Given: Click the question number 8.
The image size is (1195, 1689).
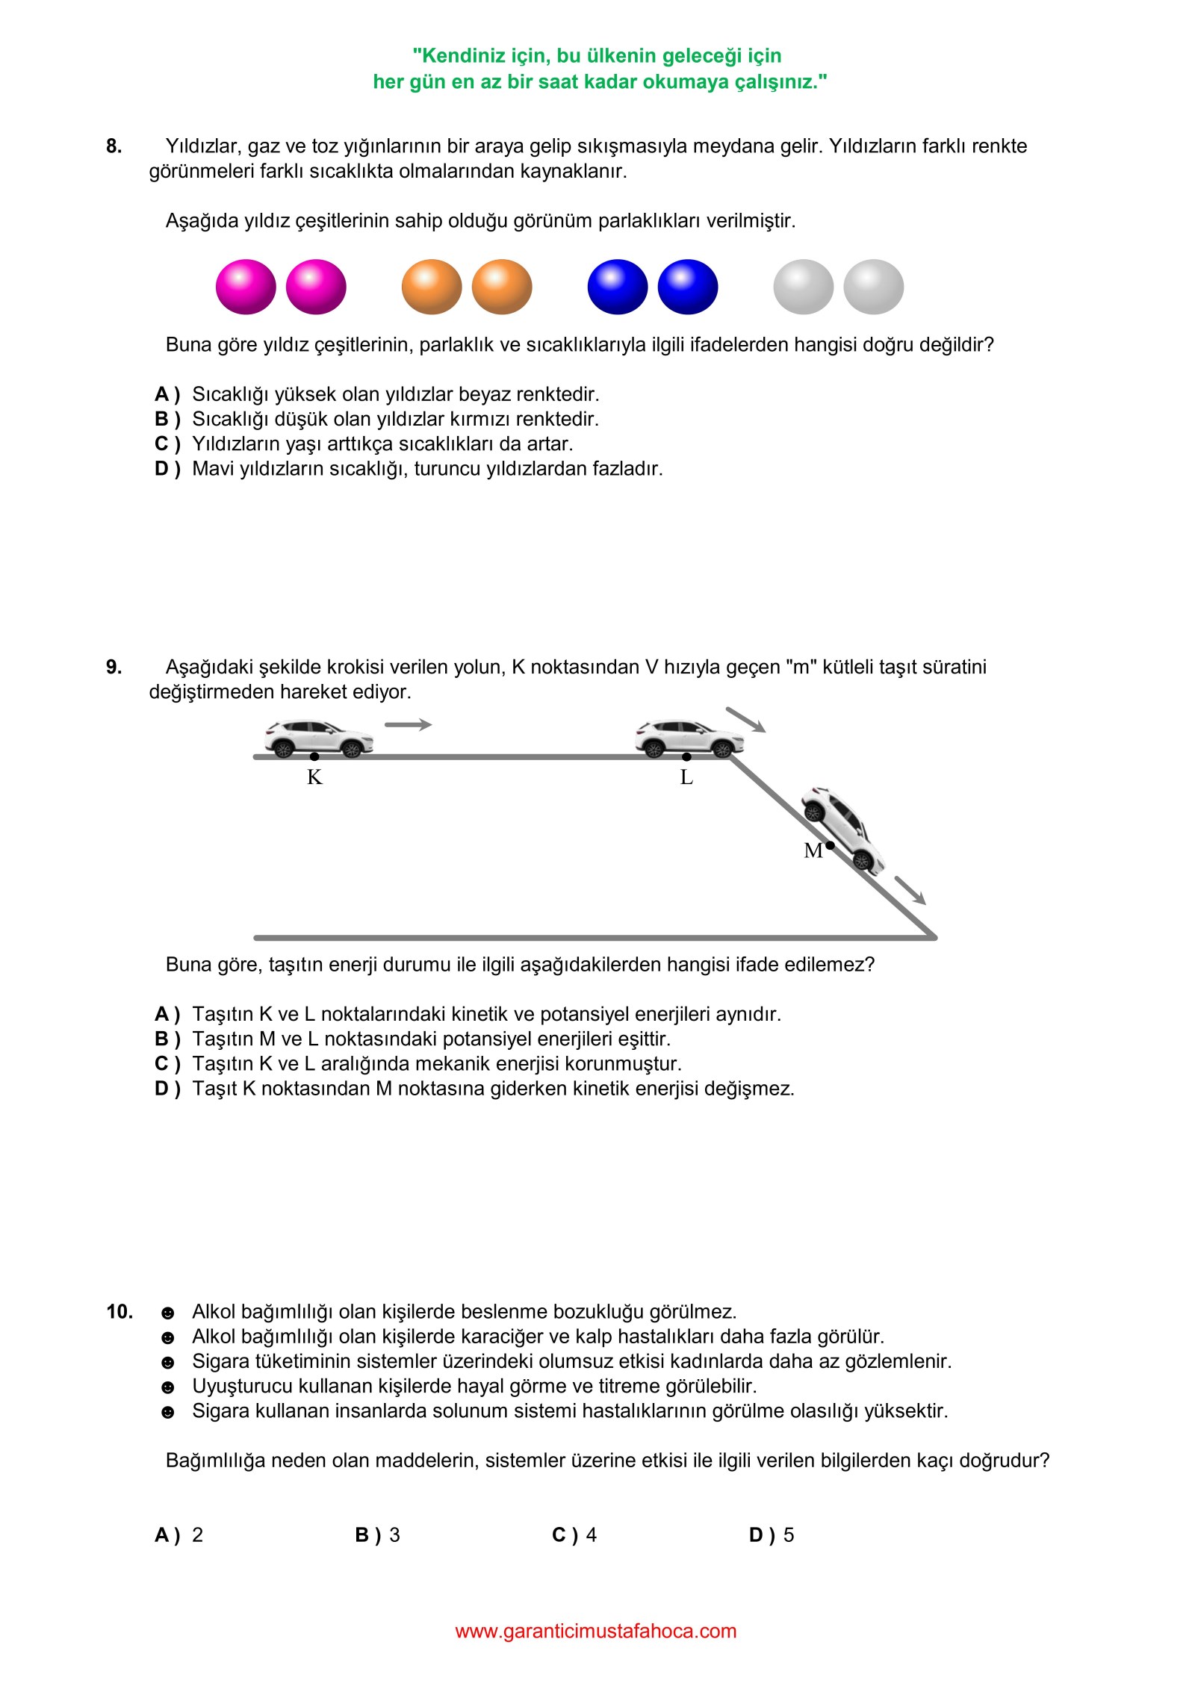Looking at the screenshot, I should [114, 146].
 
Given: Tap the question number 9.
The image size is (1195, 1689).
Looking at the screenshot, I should [114, 667].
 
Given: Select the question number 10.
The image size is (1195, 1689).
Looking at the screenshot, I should [119, 1311].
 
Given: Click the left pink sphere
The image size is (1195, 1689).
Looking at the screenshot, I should [246, 287].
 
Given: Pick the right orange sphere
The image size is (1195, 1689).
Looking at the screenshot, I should [502, 287].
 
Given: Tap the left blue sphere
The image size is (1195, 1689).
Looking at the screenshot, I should [618, 287].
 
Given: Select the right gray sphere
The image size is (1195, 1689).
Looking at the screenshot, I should [873, 287].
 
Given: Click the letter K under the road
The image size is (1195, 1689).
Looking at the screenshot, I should [314, 777].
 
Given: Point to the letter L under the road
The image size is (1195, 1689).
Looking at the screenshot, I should [686, 777].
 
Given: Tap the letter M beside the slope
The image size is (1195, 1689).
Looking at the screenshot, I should [813, 850].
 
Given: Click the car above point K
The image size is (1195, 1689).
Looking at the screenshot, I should [319, 738].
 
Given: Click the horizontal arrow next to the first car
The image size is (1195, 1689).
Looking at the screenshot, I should [408, 724].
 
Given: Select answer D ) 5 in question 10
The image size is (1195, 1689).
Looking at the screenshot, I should [772, 1534].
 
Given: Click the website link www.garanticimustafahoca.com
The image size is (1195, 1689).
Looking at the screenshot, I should [595, 1631].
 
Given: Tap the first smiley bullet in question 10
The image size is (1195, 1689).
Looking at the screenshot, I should [168, 1313].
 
